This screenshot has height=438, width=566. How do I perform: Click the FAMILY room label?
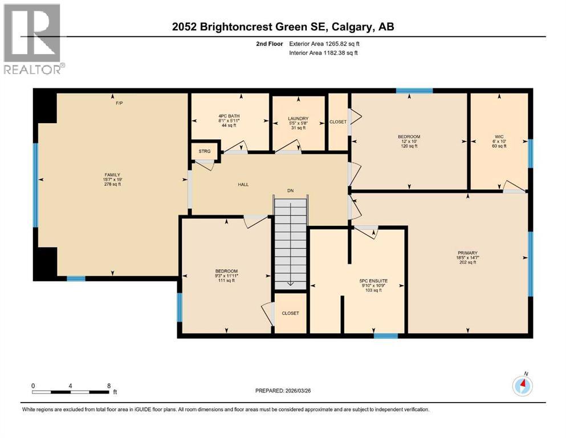(112, 175)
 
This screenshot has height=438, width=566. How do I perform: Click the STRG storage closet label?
(204, 151)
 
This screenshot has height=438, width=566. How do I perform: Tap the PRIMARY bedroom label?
(467, 253)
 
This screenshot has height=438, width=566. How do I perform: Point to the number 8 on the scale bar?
(108, 386)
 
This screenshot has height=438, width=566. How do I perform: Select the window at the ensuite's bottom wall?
(385, 335)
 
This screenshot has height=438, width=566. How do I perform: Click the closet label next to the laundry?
(338, 122)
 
